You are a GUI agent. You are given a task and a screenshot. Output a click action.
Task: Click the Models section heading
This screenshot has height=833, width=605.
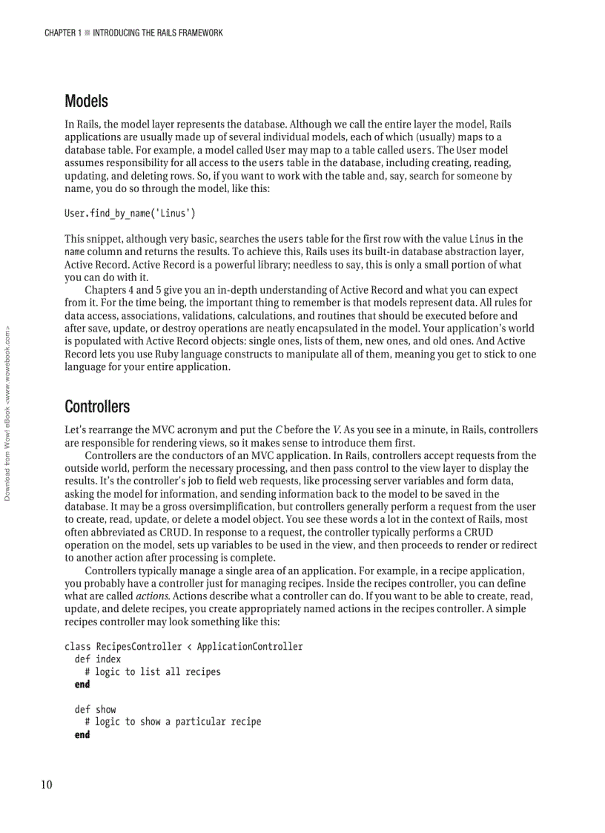point(86,101)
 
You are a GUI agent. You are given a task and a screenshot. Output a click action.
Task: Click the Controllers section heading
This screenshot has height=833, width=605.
point(97,406)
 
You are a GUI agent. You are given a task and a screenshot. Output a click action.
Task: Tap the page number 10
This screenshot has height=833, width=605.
point(47,786)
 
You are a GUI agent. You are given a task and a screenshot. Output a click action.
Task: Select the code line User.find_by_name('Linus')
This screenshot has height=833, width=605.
point(130,214)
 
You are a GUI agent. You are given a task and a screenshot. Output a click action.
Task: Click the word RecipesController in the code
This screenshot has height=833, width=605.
point(139,647)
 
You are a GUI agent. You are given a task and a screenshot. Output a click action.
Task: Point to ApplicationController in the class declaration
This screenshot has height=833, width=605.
point(250,647)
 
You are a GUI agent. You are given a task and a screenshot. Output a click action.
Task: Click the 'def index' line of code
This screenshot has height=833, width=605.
point(97,659)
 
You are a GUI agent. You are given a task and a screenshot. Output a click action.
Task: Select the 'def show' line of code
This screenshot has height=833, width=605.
point(95,710)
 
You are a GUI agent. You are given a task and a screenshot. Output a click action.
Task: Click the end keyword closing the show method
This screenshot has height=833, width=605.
point(82,735)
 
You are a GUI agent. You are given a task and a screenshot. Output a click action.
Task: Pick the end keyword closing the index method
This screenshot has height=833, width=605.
point(82,685)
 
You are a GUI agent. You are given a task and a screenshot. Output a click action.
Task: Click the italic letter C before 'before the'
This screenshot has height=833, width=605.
point(279,430)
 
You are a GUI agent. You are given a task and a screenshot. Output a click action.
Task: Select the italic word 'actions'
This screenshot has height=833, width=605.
point(151,596)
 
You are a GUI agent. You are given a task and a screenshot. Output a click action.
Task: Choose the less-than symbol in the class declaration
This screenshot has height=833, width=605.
point(189,647)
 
